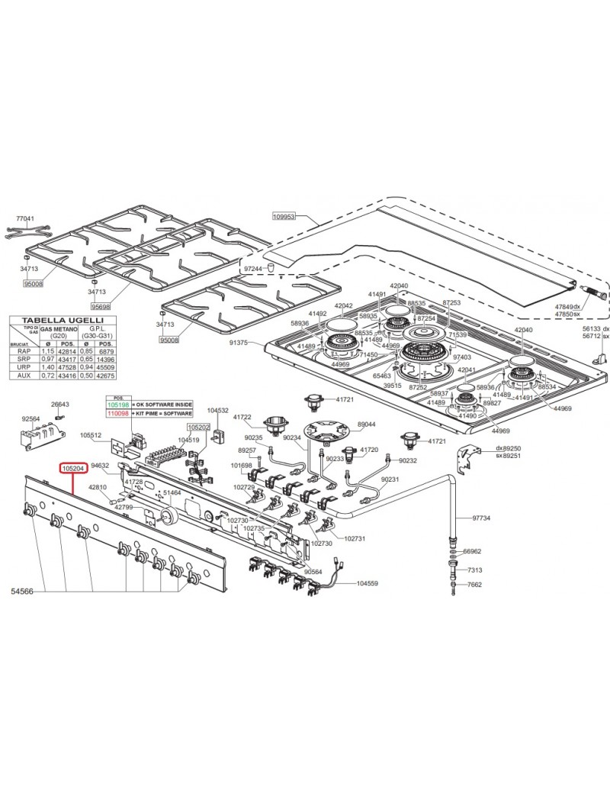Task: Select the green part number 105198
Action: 118,403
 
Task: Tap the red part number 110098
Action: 118,412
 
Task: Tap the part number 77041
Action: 25,218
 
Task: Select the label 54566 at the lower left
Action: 24,592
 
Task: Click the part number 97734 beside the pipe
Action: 481,518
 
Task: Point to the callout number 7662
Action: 474,585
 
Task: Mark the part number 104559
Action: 367,583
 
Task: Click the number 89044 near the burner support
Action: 366,424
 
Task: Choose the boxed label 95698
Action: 101,306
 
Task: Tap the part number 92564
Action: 30,418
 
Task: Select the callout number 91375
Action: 239,343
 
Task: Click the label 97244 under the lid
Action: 252,270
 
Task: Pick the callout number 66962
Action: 473,551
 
